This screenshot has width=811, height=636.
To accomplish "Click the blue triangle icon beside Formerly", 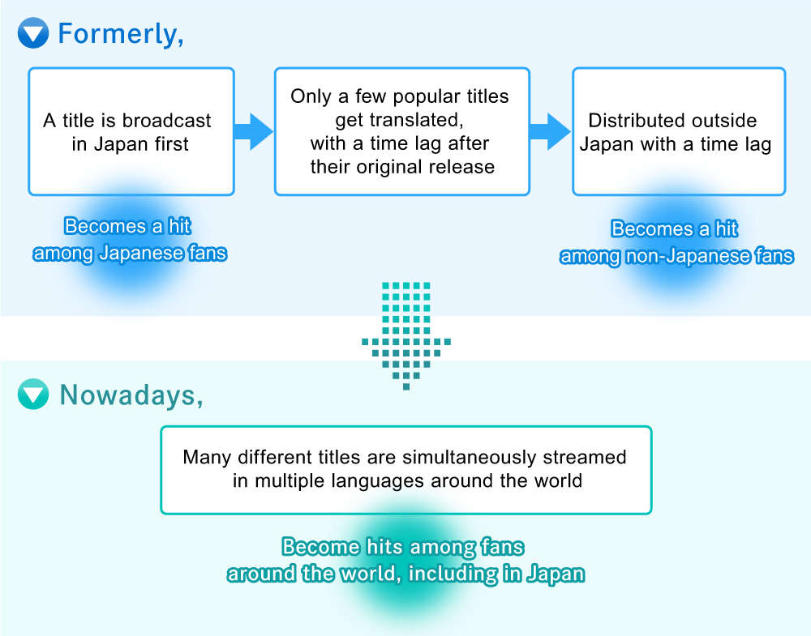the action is pyautogui.click(x=33, y=33).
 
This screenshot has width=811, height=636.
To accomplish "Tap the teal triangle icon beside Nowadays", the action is pyautogui.click(x=33, y=395).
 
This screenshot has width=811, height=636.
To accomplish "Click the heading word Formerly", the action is pyautogui.click(x=121, y=34).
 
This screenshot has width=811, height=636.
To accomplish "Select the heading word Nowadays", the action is pyautogui.click(x=131, y=395).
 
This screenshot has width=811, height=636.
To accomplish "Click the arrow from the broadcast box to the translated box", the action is pyautogui.click(x=253, y=132).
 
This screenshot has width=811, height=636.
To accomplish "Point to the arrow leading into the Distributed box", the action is pyautogui.click(x=551, y=132).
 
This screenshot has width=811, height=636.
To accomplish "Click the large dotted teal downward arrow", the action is pyautogui.click(x=406, y=336).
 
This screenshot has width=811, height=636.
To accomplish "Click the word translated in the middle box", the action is pyautogui.click(x=399, y=120).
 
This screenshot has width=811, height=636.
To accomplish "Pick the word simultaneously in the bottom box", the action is pyautogui.click(x=470, y=457).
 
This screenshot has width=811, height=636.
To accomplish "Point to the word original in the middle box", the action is pyautogui.click(x=383, y=167).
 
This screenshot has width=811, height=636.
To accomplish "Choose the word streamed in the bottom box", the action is pyautogui.click(x=585, y=457).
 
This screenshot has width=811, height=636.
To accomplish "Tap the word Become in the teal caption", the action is pyautogui.click(x=320, y=547).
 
